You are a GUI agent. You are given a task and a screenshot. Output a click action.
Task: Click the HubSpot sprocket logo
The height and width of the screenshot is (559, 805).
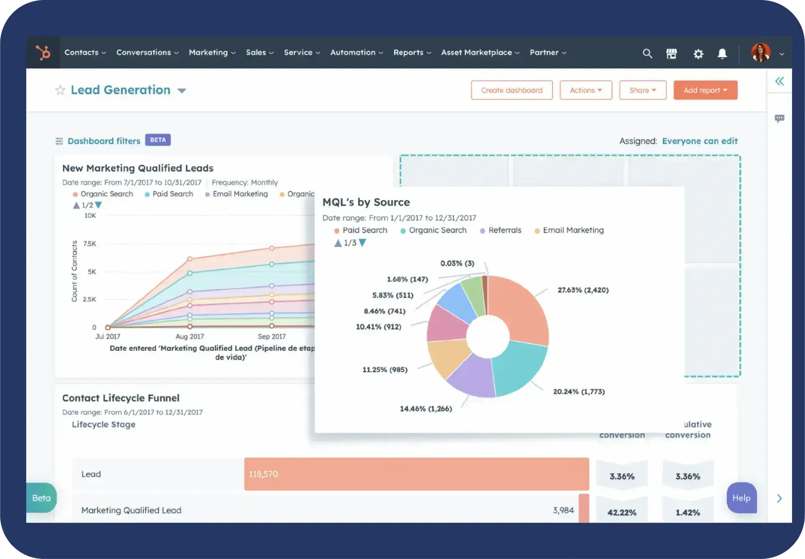click(43, 53)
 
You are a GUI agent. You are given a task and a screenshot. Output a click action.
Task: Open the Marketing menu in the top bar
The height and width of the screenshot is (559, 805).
click(212, 52)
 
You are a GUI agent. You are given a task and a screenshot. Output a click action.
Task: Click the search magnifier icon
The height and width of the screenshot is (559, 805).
click(647, 54)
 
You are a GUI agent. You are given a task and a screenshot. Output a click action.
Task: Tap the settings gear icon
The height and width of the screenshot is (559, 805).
click(698, 54)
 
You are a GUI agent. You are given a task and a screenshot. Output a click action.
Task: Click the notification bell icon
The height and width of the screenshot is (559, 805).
click(722, 54)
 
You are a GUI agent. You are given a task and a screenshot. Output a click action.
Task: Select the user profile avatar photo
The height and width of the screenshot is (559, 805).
click(761, 53)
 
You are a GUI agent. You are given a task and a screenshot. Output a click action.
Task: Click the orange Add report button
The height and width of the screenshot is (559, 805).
click(705, 90)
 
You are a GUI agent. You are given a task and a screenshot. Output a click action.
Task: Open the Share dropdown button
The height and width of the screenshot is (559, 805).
click(642, 90)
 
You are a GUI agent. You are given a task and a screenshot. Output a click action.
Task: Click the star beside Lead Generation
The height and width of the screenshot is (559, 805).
click(60, 90)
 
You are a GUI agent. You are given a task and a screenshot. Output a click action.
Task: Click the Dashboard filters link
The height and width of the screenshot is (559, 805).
click(104, 141)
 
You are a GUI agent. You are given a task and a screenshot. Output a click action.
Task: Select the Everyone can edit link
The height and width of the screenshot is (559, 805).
click(699, 141)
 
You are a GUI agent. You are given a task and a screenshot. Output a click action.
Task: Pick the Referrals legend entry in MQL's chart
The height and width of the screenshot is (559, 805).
click(504, 230)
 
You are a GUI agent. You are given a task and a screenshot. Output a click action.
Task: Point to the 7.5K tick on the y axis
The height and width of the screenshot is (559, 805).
click(89, 244)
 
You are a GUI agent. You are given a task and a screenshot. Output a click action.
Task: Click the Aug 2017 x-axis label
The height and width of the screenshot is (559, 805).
click(190, 336)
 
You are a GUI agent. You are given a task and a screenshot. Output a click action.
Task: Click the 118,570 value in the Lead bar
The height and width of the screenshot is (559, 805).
click(263, 474)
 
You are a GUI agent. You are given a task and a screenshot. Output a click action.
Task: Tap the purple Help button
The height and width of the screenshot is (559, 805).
click(741, 498)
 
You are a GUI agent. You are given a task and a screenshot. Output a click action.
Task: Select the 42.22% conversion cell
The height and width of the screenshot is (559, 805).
click(622, 512)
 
